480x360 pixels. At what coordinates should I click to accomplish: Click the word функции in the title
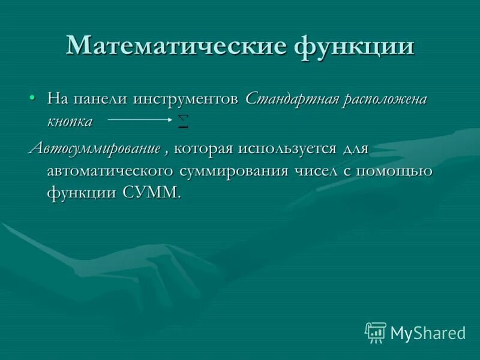pos(354,46)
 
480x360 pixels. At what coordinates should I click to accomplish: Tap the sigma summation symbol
pos(184,121)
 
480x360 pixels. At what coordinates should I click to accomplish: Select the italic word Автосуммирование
pos(95,148)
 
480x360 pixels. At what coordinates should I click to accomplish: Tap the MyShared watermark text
pos(428,332)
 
